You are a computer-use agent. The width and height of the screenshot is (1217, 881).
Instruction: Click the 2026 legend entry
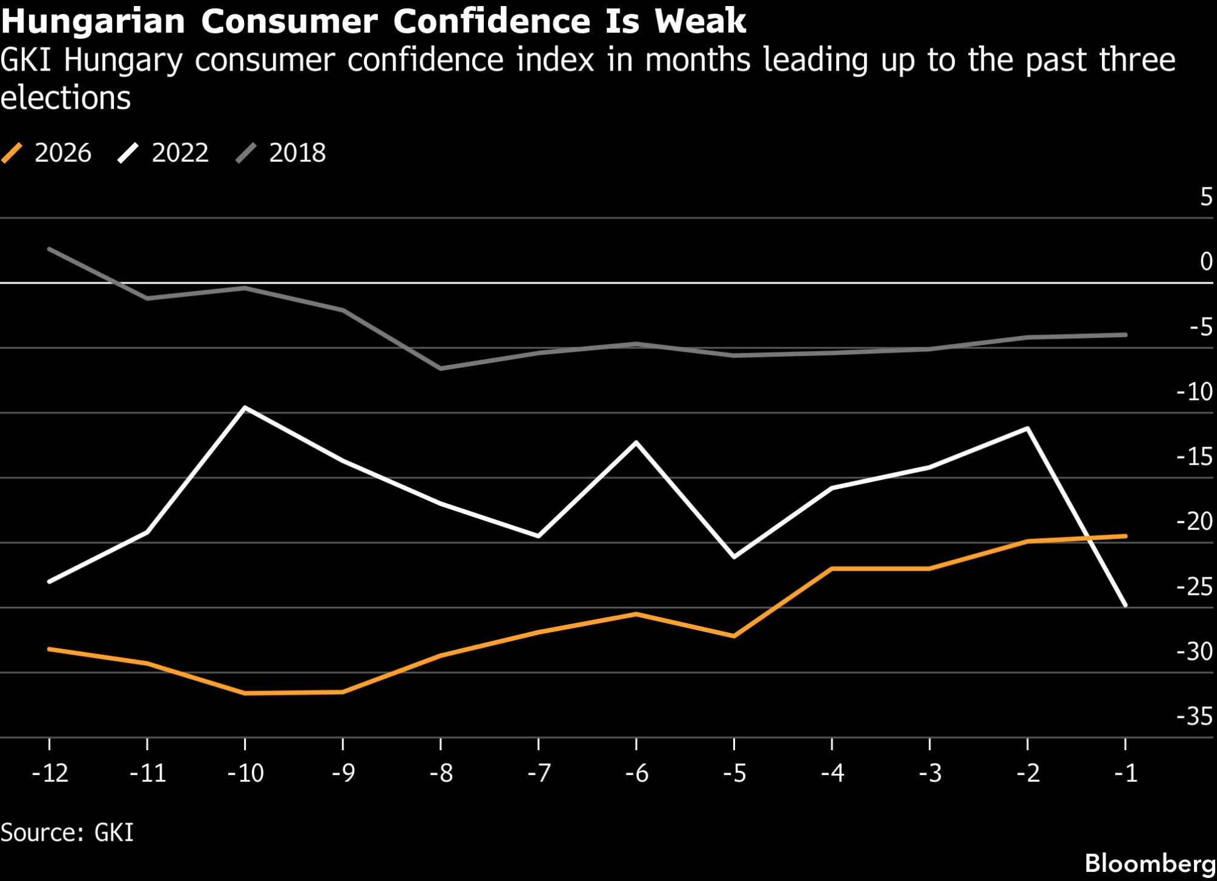[x=47, y=153]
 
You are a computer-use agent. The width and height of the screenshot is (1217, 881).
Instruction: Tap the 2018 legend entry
[x=282, y=153]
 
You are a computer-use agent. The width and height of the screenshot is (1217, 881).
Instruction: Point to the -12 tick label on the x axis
[x=50, y=773]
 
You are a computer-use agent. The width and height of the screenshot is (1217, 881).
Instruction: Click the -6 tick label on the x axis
[x=636, y=773]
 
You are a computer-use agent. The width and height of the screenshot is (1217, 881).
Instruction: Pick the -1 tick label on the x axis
[x=1126, y=773]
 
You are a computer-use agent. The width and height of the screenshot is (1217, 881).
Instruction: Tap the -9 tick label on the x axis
[x=343, y=773]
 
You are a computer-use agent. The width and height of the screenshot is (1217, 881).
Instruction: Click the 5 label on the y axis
[x=1206, y=197]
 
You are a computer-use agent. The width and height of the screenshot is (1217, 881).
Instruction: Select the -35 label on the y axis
[x=1195, y=717]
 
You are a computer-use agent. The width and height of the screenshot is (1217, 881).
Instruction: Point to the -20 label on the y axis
[x=1195, y=521]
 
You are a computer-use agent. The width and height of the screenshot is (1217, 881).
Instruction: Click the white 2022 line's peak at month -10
[x=245, y=407]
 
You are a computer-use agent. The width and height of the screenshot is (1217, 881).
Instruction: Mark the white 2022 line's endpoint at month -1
[x=1126, y=605]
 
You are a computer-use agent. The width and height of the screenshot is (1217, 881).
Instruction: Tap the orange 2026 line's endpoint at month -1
[x=1126, y=536]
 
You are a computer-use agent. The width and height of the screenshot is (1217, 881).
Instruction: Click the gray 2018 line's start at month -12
[x=49, y=249]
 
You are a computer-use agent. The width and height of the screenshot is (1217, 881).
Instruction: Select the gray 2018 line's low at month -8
[x=441, y=369]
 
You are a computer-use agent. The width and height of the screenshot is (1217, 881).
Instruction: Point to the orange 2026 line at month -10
[x=245, y=693]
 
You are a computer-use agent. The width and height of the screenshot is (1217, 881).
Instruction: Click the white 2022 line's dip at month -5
[x=734, y=557]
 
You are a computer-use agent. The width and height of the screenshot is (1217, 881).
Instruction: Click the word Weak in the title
[x=700, y=21]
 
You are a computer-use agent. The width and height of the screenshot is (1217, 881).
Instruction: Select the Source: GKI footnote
[x=67, y=832]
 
